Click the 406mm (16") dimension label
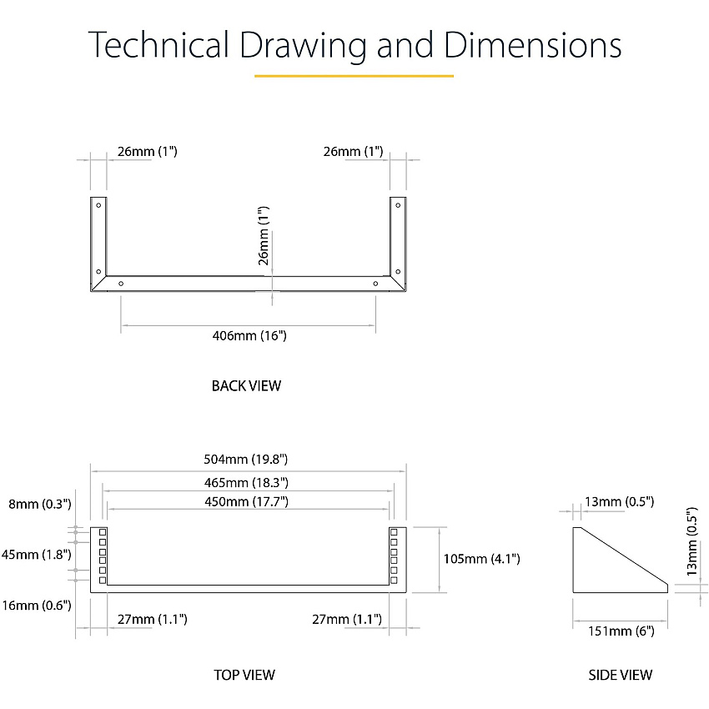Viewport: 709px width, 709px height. pyautogui.click(x=249, y=336)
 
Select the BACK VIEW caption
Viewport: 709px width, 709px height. pyautogui.click(x=246, y=385)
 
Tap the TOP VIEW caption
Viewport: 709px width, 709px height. pyautogui.click(x=244, y=675)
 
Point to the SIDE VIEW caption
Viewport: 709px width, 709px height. pyautogui.click(x=620, y=675)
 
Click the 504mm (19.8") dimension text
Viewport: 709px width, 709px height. pyautogui.click(x=245, y=460)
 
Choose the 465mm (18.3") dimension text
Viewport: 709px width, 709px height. pyautogui.click(x=246, y=483)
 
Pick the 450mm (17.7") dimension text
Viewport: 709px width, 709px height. pyautogui.click(x=246, y=502)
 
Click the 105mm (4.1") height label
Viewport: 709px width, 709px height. pyautogui.click(x=481, y=559)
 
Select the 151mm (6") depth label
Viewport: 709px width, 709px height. pyautogui.click(x=621, y=631)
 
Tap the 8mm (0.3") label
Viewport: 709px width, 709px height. pyautogui.click(x=40, y=504)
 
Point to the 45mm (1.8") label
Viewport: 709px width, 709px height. pyautogui.click(x=36, y=555)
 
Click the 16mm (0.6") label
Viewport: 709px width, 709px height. pyautogui.click(x=37, y=605)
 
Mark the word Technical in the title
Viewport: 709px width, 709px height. pyautogui.click(x=158, y=45)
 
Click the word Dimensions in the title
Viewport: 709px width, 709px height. pyautogui.click(x=533, y=45)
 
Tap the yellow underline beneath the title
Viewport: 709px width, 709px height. pyautogui.click(x=354, y=76)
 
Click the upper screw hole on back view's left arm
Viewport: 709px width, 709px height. pyautogui.click(x=98, y=205)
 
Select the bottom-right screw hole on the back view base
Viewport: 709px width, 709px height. pyautogui.click(x=375, y=284)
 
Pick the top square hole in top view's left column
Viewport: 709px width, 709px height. pyautogui.click(x=103, y=532)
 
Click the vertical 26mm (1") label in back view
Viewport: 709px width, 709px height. pyautogui.click(x=263, y=235)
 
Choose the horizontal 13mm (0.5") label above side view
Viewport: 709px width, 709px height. pyautogui.click(x=620, y=502)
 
